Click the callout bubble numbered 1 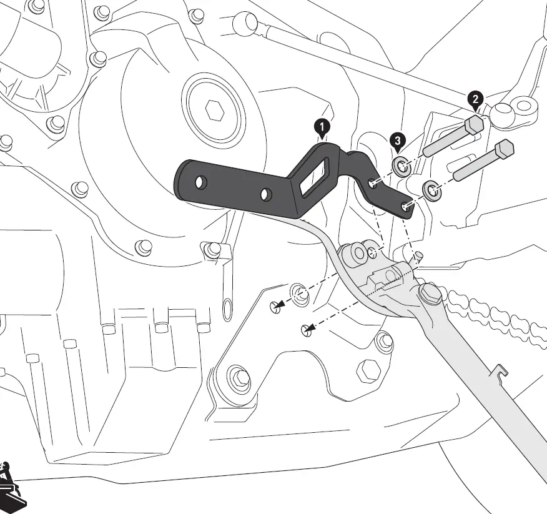click(x=322, y=128)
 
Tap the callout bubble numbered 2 click(x=476, y=99)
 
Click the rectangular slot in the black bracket click(x=315, y=176)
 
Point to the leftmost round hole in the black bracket click(x=200, y=183)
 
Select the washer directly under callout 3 click(x=401, y=167)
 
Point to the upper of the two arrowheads click(x=277, y=306)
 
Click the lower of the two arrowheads click(x=305, y=330)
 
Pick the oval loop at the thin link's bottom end click(x=228, y=307)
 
